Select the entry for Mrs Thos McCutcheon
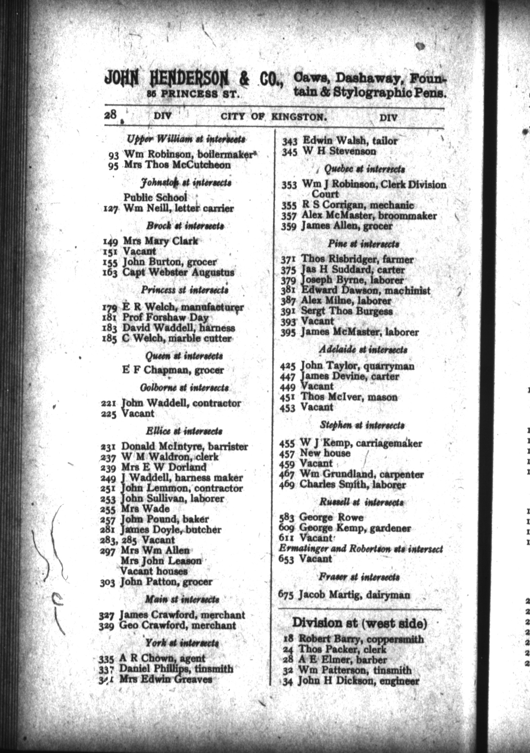[177, 165]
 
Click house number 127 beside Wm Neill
[110, 209]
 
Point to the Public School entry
[155, 197]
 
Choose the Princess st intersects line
[185, 290]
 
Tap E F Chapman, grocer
[173, 370]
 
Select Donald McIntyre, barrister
[184, 446]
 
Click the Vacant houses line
[154, 571]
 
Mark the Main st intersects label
[182, 599]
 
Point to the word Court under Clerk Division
[325, 194]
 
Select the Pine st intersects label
[363, 244]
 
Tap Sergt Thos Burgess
[346, 311]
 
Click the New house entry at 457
[325, 453]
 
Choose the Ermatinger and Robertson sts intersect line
[361, 549]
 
